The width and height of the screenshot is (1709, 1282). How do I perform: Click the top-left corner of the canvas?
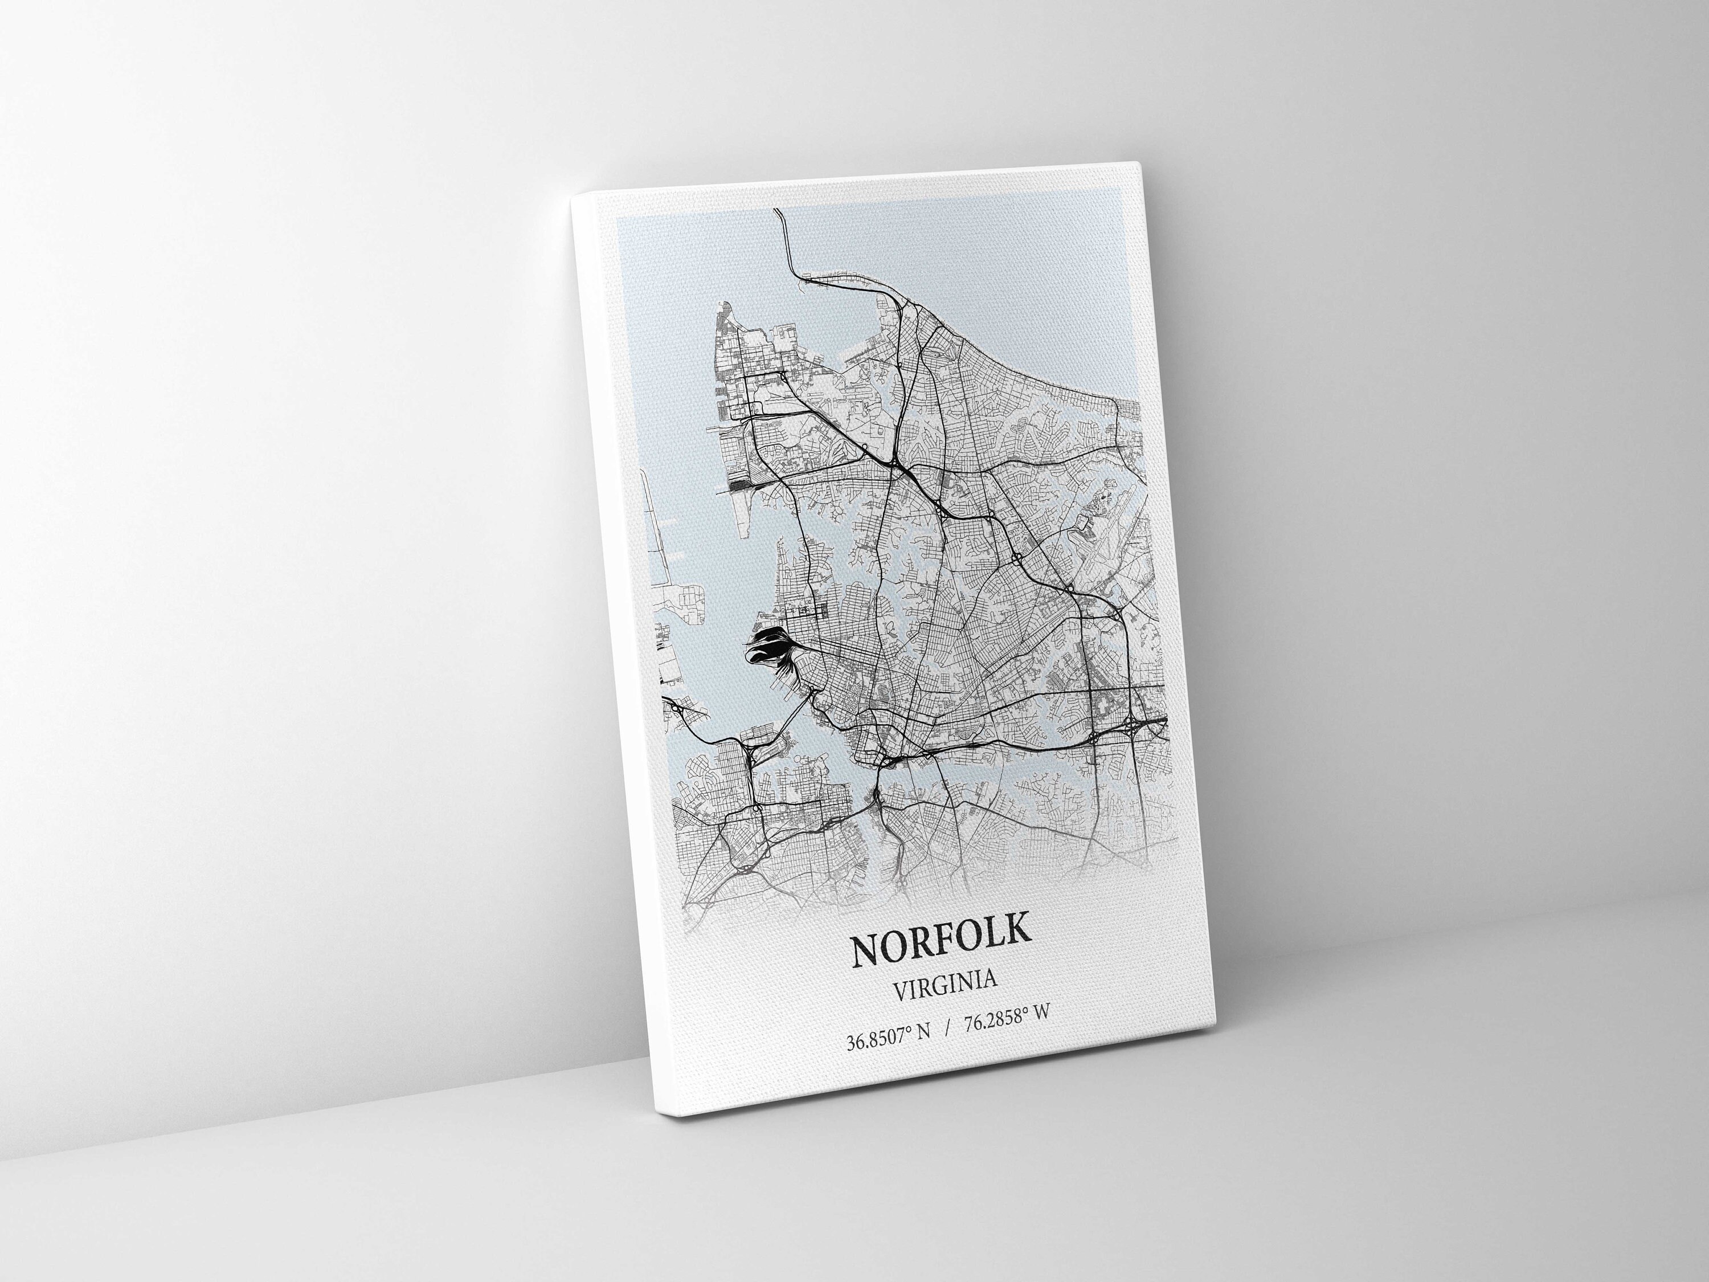573,198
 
